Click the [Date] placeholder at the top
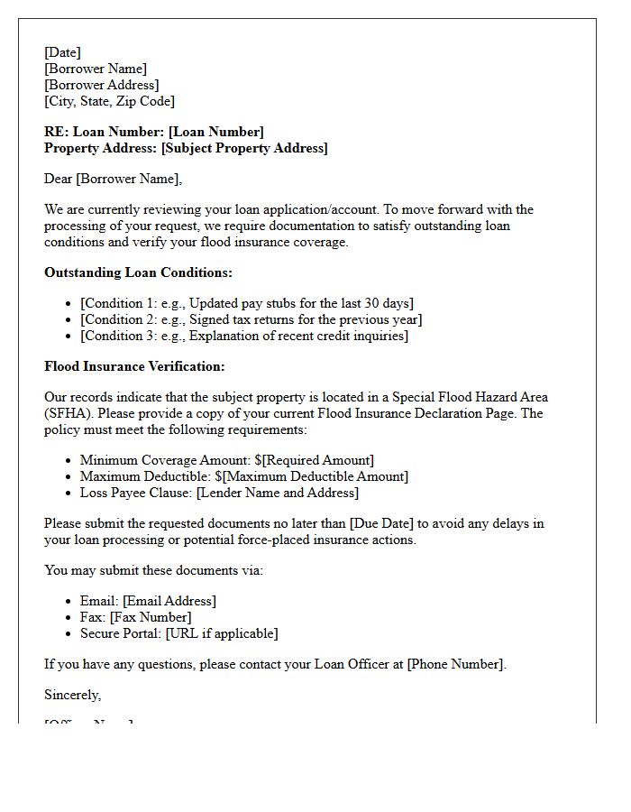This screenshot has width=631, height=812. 62,52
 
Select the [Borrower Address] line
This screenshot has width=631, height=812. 102,85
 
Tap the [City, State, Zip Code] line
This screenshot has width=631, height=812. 109,101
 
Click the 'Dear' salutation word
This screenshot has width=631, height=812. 59,179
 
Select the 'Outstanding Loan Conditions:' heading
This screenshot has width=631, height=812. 138,272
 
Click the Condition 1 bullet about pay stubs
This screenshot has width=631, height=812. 247,303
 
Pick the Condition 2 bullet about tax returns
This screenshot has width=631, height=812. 251,319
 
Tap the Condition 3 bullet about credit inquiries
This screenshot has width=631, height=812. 243,336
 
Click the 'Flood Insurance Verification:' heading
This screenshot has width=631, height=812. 134,366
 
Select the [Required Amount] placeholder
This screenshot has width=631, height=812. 317,460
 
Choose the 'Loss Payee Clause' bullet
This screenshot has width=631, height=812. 219,493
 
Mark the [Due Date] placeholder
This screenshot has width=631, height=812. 385,523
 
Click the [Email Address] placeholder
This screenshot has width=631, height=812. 169,601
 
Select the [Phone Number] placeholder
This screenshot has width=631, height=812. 454,664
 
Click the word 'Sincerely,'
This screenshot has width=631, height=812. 73,695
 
